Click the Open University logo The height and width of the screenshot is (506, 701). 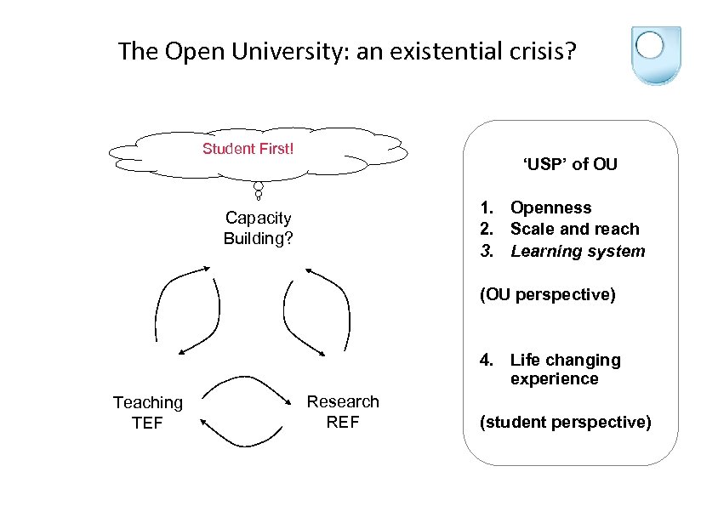click(x=655, y=55)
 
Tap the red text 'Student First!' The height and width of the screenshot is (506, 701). click(x=248, y=150)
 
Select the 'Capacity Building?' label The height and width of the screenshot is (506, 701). click(x=258, y=228)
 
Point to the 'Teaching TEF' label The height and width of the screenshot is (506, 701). click(x=147, y=412)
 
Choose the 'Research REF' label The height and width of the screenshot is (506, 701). click(x=343, y=411)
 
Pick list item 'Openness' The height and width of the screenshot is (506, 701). click(x=550, y=208)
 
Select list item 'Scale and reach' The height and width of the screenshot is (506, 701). click(x=574, y=229)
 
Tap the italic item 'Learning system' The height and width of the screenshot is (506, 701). click(x=578, y=251)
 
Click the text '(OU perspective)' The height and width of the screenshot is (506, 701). click(x=547, y=295)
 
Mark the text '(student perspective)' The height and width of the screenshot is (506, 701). click(x=566, y=422)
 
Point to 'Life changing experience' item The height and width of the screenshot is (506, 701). click(x=565, y=369)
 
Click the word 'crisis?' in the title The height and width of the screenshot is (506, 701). click(x=544, y=52)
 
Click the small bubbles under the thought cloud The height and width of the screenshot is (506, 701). click(x=258, y=191)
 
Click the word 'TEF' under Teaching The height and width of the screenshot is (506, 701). click(x=147, y=422)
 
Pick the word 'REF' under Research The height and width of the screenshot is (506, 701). click(x=343, y=421)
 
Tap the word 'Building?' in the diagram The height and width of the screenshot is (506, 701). click(x=258, y=238)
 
